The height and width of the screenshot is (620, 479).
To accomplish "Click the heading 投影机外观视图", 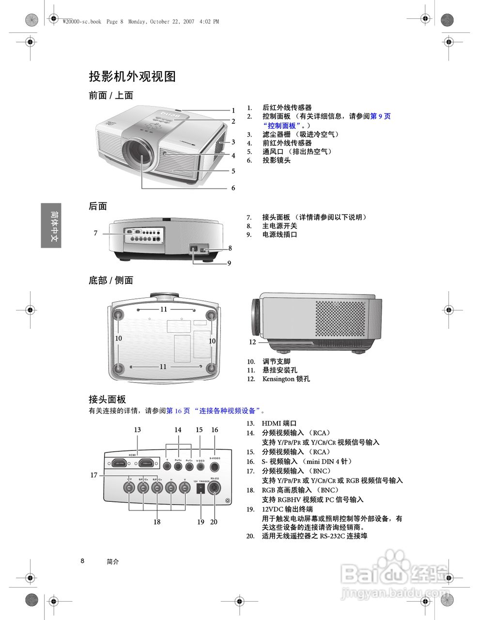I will (x=132, y=77).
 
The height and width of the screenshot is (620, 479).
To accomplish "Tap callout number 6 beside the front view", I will (x=233, y=188).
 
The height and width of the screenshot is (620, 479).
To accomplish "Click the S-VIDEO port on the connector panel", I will (x=215, y=467).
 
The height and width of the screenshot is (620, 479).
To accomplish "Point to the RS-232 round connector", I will (x=214, y=488).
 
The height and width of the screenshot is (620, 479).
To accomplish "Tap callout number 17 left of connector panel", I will (x=94, y=475).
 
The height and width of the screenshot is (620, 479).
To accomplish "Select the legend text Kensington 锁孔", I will (x=286, y=379).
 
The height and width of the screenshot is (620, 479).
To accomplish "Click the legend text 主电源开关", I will (x=279, y=226).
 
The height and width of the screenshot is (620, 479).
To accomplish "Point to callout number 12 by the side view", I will (x=252, y=342).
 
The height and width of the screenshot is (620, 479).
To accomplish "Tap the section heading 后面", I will (x=98, y=206).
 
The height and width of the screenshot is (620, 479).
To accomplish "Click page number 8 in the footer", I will (x=82, y=561).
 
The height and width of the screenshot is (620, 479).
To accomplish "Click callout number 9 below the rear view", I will (x=229, y=263).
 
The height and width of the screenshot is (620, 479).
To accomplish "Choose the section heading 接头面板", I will (x=107, y=399).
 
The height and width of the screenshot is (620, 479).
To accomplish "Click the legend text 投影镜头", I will (x=276, y=160).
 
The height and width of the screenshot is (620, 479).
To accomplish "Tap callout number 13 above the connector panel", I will (x=138, y=430).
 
